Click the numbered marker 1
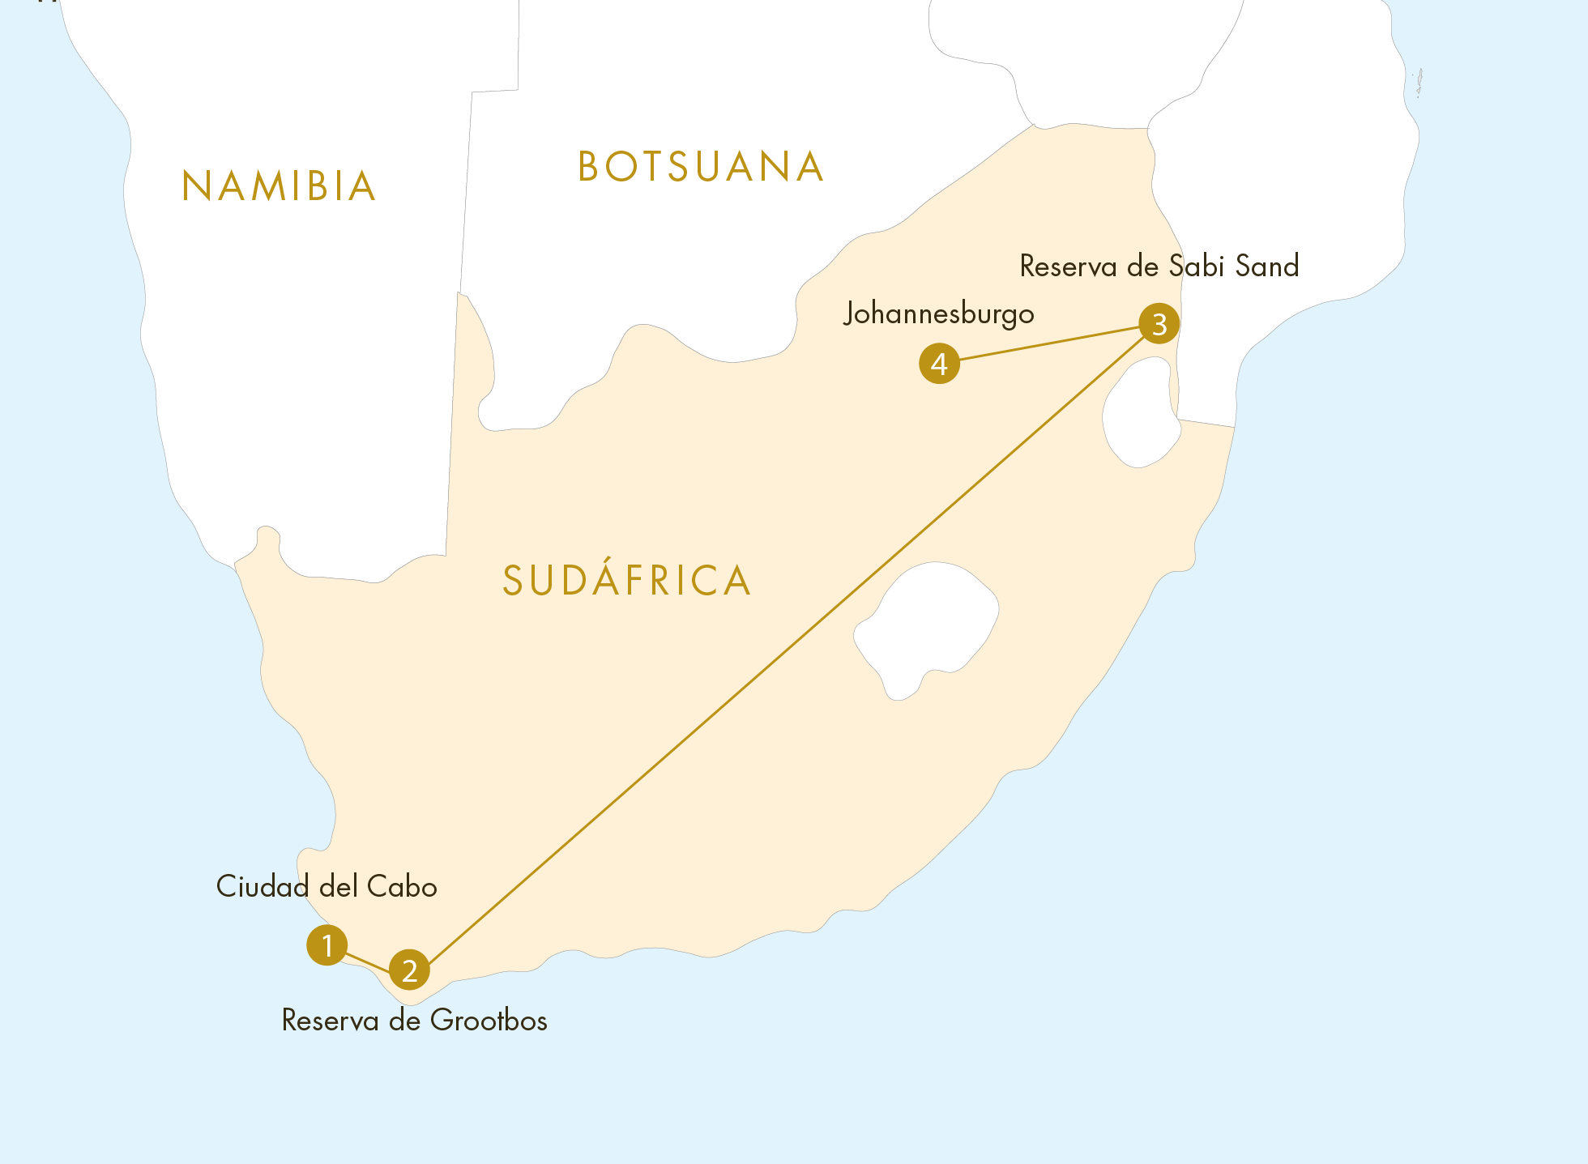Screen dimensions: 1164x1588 click(x=327, y=944)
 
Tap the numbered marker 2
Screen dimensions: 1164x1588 click(x=409, y=970)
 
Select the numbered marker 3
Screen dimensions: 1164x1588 click(x=1159, y=323)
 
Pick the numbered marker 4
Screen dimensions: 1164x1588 click(x=939, y=364)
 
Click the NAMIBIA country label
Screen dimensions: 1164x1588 click(x=280, y=186)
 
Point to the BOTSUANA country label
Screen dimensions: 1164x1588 click(x=701, y=168)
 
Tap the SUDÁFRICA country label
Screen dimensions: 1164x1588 click(x=627, y=581)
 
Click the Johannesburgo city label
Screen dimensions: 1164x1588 click(x=938, y=314)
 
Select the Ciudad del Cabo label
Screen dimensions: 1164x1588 click(x=327, y=887)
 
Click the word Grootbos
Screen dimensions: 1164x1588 click(x=489, y=1021)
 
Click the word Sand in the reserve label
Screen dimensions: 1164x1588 click(x=1267, y=266)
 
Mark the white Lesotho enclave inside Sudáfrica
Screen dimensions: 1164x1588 click(x=928, y=624)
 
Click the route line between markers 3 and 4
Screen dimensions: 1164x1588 click(x=1049, y=343)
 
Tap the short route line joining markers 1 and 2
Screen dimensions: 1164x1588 click(x=369, y=961)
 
